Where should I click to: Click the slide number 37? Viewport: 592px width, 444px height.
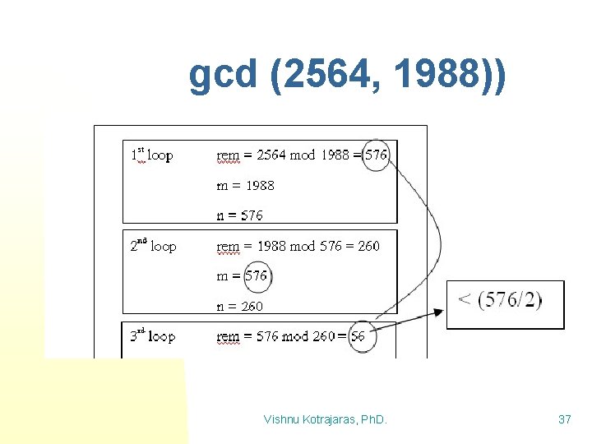pos(564,420)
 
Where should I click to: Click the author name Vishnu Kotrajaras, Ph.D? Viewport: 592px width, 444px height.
pos(326,420)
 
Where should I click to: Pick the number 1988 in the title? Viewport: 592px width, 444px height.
pos(432,76)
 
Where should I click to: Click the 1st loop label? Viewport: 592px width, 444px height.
pos(152,155)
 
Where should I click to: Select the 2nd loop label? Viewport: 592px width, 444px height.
pos(153,246)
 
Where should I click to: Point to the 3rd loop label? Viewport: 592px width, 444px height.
pos(153,336)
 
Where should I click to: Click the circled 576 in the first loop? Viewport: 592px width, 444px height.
pos(376,155)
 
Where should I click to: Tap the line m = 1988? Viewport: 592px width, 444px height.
pos(245,186)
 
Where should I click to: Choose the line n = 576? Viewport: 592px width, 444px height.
pos(239,215)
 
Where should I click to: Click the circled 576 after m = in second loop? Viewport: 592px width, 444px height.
pos(257,276)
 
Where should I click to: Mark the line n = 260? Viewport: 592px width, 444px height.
pos(239,306)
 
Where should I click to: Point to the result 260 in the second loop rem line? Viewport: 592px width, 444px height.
pos(368,246)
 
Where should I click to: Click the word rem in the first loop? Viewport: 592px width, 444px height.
pos(228,155)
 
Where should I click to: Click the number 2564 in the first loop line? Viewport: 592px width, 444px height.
pos(273,155)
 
